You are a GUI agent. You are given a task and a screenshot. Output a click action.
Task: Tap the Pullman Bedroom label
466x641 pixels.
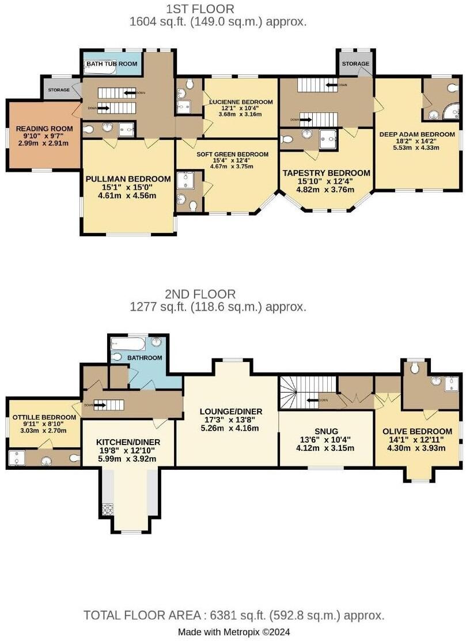(128, 179)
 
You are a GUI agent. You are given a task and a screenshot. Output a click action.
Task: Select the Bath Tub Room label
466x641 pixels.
(112, 63)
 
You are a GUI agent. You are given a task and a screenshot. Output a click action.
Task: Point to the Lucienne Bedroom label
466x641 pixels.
(241, 101)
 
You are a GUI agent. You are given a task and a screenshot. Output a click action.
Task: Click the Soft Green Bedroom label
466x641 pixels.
(232, 154)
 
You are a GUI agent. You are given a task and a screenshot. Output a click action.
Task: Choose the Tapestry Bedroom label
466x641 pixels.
(325, 173)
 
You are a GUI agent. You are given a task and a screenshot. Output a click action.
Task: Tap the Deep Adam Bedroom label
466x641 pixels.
(416, 134)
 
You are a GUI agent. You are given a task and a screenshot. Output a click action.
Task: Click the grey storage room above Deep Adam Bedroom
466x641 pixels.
(355, 63)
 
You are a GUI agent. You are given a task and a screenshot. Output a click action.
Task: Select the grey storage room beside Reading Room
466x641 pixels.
(59, 90)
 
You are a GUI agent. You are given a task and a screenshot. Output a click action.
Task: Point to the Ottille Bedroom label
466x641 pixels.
(44, 417)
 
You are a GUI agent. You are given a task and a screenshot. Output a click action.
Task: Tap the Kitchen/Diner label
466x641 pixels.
(128, 442)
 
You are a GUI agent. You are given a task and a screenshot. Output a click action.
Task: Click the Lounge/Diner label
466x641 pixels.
(232, 411)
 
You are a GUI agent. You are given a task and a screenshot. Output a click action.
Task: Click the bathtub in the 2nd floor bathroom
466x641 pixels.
(123, 345)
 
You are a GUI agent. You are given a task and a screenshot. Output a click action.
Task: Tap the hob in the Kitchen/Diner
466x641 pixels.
(107, 509)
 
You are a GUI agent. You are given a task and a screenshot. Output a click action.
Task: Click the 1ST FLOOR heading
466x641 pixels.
(200, 9)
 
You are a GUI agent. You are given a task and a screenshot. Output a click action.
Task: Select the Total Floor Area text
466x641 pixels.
(234, 616)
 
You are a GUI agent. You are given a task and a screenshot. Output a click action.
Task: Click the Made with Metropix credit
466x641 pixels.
(233, 632)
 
